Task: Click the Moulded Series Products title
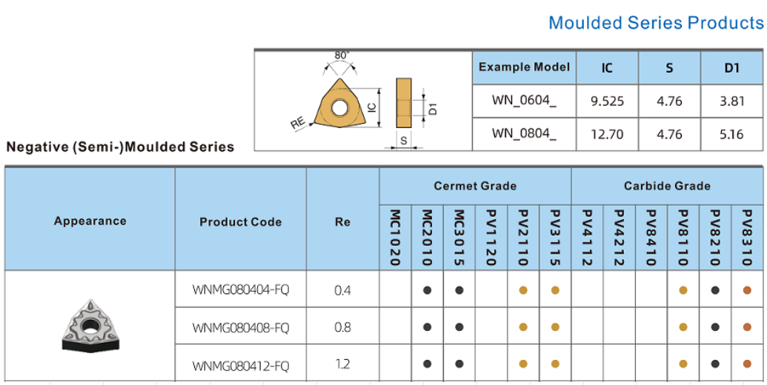click(655, 23)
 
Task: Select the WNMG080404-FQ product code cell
click(240, 289)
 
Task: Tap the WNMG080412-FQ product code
click(240, 364)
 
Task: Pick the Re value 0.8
click(342, 327)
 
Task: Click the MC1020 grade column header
click(396, 238)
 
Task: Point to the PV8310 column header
click(747, 238)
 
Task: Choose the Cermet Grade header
click(475, 186)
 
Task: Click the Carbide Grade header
click(667, 186)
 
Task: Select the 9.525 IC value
click(607, 101)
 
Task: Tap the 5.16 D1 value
click(731, 134)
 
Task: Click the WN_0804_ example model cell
click(524, 134)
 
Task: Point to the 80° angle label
click(342, 56)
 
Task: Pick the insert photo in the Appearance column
click(90, 326)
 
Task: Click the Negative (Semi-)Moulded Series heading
click(120, 147)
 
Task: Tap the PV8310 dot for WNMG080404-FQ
click(747, 290)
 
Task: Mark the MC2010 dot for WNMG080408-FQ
click(428, 327)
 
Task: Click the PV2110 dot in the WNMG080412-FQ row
click(523, 364)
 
